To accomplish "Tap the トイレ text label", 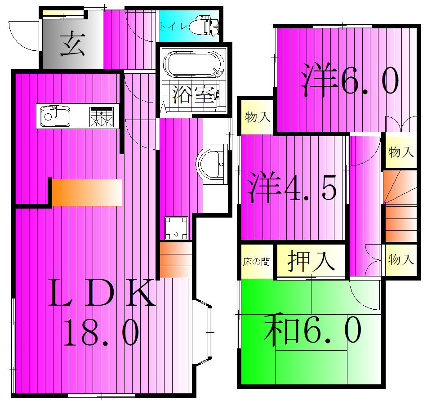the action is [173, 27].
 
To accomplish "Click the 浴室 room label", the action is [194, 94].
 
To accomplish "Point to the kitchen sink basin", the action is [55, 116].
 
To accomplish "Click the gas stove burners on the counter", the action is [102, 116].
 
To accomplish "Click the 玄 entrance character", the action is [72, 44].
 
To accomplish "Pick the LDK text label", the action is [102, 293].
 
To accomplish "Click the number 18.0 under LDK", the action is [101, 332].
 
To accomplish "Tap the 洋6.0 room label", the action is [350, 80].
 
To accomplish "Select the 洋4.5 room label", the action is [292, 187].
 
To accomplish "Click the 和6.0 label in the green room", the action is [313, 329].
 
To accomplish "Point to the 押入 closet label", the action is [311, 261].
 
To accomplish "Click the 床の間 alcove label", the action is [256, 262].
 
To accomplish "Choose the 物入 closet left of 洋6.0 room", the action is [258, 117].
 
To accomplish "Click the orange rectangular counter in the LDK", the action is [87, 192].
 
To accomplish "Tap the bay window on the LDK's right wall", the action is [203, 332].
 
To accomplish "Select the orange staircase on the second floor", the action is [400, 206].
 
